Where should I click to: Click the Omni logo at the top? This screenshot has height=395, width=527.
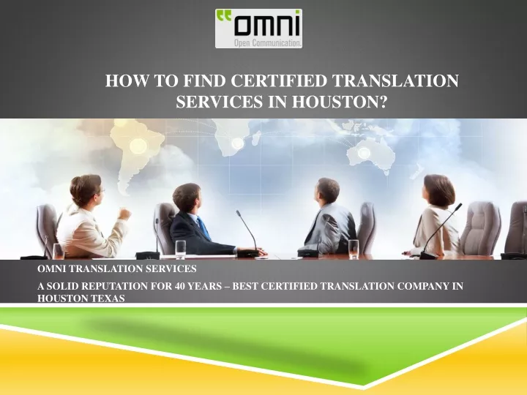coord(258,29)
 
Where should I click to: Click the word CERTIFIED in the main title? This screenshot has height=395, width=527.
coord(279,81)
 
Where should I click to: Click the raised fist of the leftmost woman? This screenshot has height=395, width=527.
coord(124,214)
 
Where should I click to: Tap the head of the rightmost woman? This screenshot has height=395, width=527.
coord(439,191)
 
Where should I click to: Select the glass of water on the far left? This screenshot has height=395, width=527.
coord(59,251)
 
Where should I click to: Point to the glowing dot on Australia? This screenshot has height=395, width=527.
coord(364,153)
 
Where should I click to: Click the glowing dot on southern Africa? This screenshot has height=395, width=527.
coord(237,143)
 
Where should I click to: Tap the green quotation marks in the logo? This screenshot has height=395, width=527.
coord(225,15)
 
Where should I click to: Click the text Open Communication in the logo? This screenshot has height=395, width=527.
coord(267,43)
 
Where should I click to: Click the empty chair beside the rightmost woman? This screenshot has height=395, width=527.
coord(480,229)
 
